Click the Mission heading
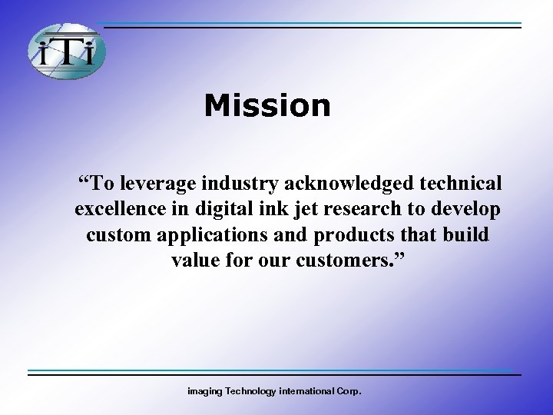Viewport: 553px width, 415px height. point(267,105)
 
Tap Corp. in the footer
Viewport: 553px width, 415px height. point(348,391)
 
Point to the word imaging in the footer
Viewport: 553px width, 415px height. point(205,391)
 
